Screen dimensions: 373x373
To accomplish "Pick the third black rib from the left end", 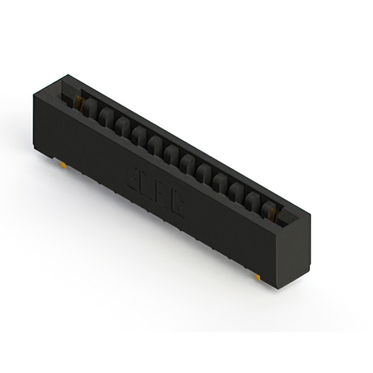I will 123,124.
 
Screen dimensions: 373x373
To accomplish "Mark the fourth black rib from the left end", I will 139,133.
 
